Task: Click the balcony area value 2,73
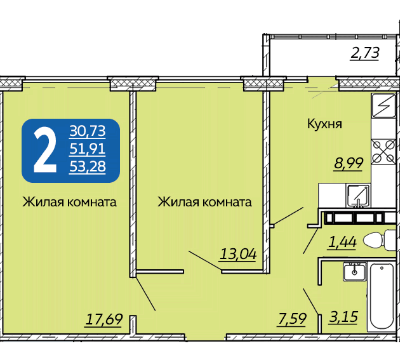365,53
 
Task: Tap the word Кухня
324,124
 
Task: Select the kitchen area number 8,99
349,163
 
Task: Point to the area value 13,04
238,254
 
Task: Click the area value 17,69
104,319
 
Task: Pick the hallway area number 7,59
291,319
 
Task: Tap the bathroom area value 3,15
343,317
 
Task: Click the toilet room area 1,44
342,243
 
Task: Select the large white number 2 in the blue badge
45,150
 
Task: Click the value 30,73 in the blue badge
88,131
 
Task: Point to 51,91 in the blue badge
88,149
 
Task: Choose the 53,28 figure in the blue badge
88,166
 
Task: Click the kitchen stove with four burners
383,152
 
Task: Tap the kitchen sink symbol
358,196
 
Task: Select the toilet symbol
379,240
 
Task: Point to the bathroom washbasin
355,271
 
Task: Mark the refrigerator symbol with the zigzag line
383,105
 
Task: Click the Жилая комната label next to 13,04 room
204,202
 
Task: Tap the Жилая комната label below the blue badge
69,202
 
